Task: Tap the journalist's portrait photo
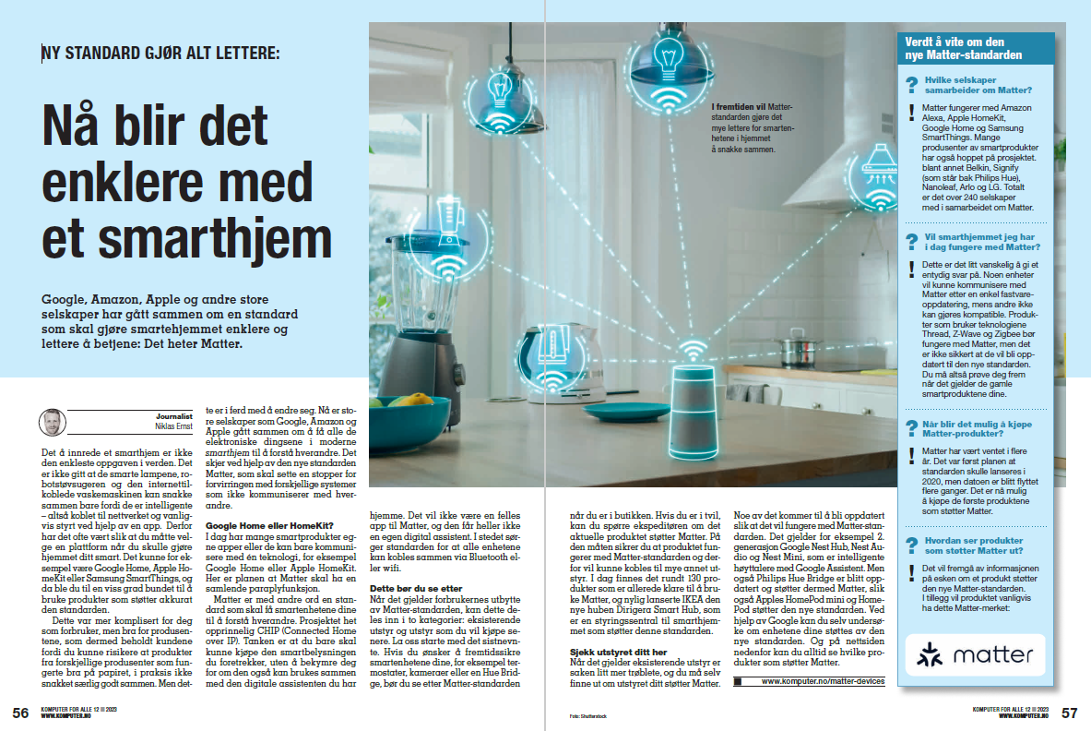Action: (53, 423)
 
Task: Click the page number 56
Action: (20, 713)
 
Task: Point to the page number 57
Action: (1069, 713)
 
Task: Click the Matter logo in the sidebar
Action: (975, 655)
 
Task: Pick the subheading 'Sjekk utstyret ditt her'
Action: (612, 652)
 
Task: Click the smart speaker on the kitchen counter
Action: (692, 422)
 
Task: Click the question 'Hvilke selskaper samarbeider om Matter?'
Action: (978, 85)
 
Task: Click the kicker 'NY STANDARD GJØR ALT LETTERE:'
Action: (160, 54)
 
